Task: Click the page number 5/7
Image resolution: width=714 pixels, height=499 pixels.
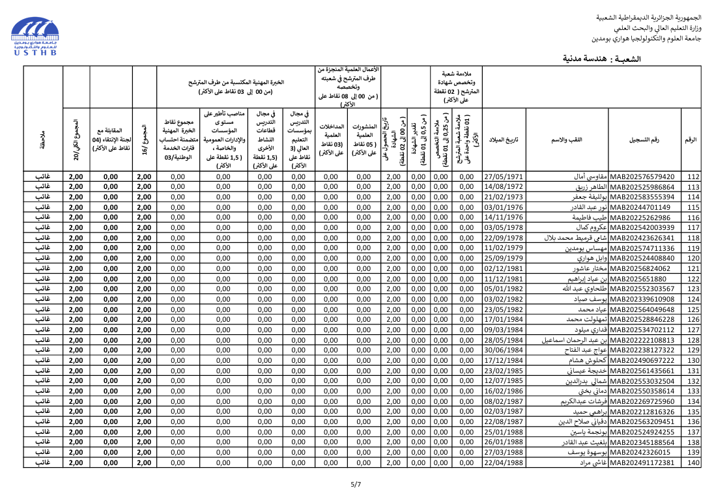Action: [356, 484]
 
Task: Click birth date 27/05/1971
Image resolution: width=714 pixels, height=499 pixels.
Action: [504, 177]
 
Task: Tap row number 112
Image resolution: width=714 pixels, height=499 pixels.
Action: [693, 177]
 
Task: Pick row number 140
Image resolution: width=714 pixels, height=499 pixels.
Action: [693, 463]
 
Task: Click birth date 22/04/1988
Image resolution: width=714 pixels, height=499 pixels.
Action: [504, 463]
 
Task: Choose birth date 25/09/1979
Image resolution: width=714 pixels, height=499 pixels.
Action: [504, 258]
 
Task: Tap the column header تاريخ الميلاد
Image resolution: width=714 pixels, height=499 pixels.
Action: [504, 140]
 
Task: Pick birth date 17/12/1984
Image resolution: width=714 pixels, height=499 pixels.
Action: [504, 360]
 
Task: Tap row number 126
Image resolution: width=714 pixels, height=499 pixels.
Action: [693, 319]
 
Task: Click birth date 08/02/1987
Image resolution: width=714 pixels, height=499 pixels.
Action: [504, 401]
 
